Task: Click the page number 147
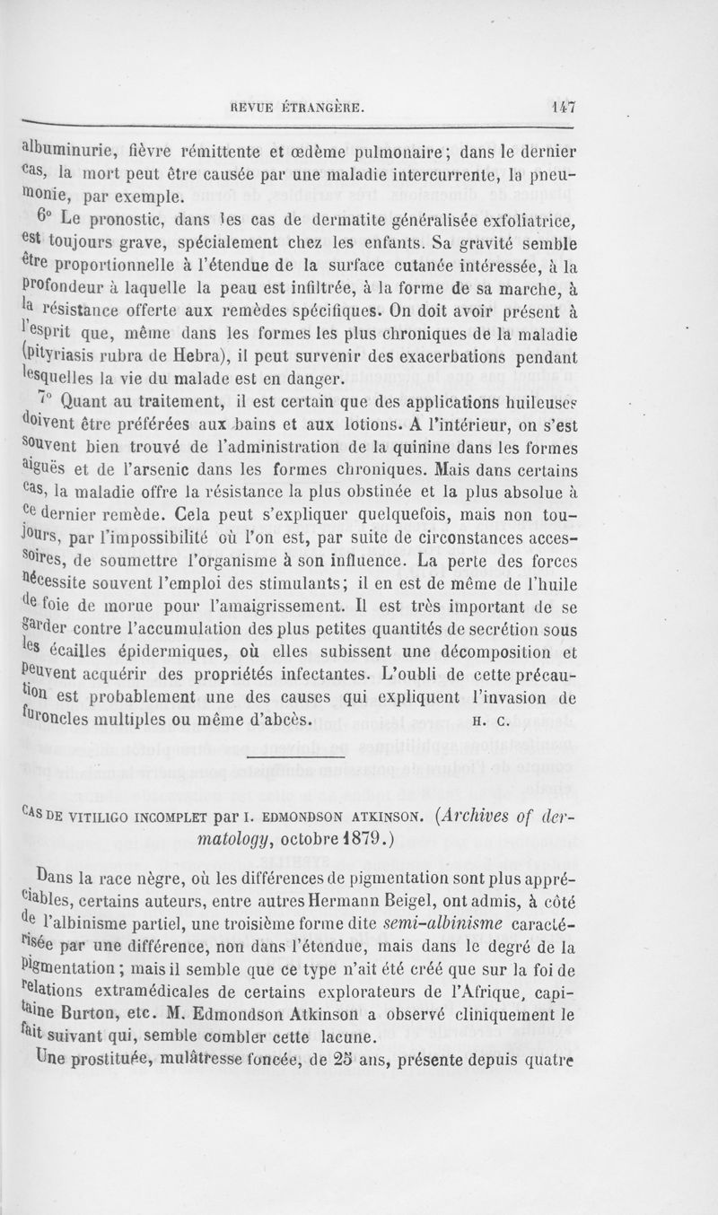pyautogui.click(x=563, y=106)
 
